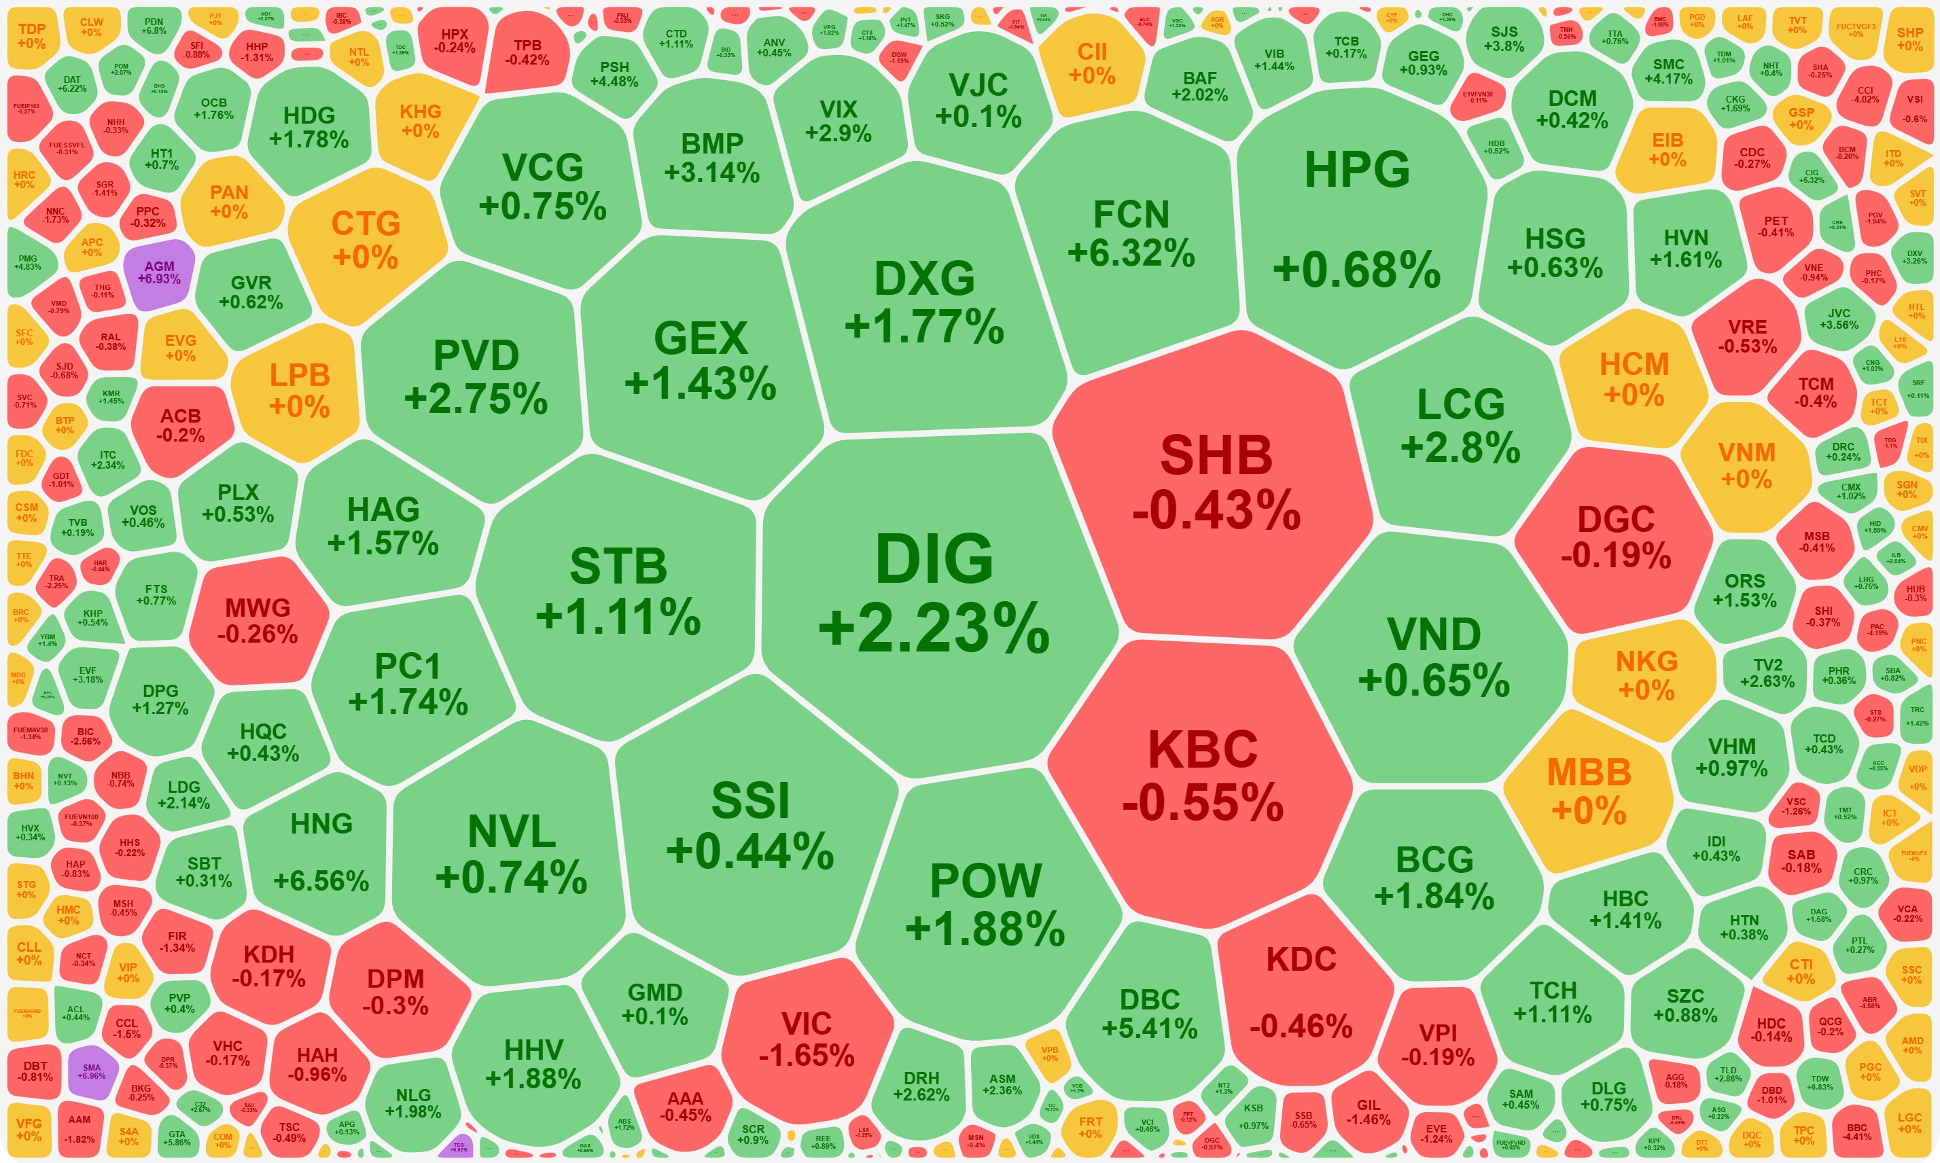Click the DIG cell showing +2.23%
[x=934, y=596]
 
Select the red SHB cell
[x=1216, y=482]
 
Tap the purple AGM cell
[x=159, y=272]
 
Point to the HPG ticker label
[x=1357, y=169]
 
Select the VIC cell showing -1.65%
[x=807, y=1039]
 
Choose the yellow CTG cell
[x=366, y=240]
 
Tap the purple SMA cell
[x=92, y=1071]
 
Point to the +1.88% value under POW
[x=985, y=929]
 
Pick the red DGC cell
[x=1615, y=537]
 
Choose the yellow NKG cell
[x=1646, y=675]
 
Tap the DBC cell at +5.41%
[x=1150, y=1014]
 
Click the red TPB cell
[x=527, y=52]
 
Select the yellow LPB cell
[x=300, y=391]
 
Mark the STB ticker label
[x=618, y=566]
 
